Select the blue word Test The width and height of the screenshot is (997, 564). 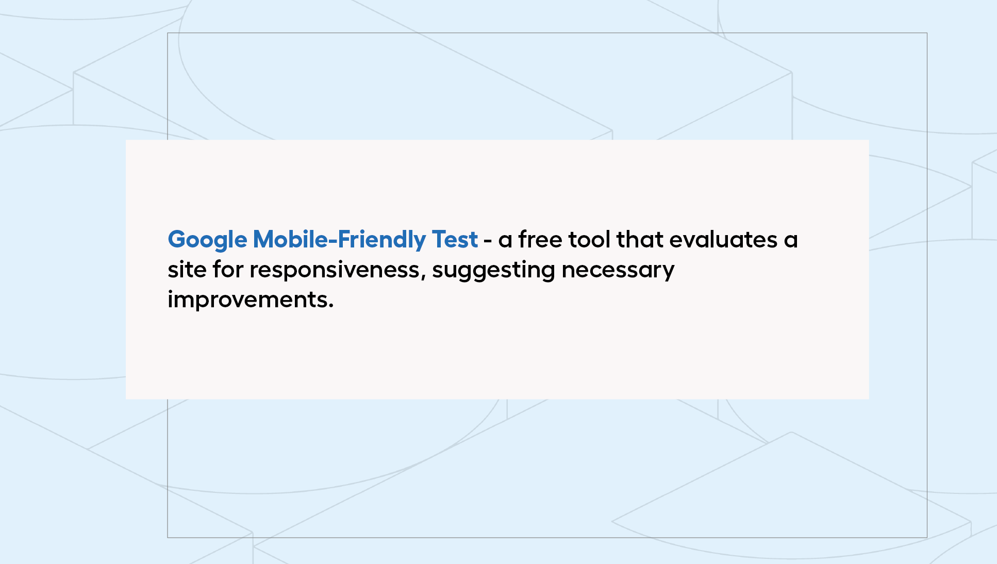point(455,240)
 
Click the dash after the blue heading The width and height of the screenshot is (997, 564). point(488,241)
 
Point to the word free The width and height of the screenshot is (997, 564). point(540,239)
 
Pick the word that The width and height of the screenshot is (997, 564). point(640,239)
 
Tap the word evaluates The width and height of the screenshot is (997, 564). point(723,239)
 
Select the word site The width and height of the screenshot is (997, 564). point(187,270)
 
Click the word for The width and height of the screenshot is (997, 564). point(228,269)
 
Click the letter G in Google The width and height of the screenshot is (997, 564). point(177,240)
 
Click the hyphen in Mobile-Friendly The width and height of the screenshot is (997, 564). point(333,241)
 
